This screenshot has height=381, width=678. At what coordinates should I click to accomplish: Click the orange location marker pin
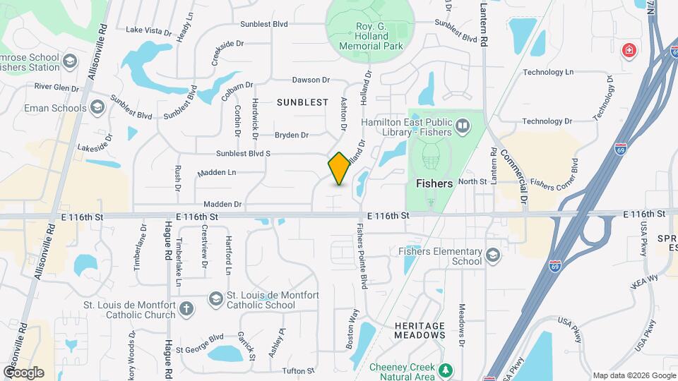(x=339, y=169)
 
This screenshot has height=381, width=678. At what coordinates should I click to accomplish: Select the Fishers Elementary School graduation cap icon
(x=493, y=255)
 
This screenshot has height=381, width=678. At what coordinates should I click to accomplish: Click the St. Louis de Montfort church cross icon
(x=186, y=308)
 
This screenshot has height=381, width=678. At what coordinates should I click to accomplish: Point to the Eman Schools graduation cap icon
(x=97, y=108)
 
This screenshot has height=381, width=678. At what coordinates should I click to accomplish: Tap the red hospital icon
(x=627, y=51)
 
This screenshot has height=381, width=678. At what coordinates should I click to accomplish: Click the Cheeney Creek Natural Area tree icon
(x=445, y=370)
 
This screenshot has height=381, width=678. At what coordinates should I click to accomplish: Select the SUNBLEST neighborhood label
(x=302, y=102)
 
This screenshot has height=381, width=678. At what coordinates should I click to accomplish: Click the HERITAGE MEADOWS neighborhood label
(x=420, y=330)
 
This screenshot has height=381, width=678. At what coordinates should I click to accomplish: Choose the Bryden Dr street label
(x=292, y=135)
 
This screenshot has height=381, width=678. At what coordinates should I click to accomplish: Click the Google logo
(x=23, y=372)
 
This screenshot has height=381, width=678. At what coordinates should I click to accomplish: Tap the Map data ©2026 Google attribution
(x=634, y=375)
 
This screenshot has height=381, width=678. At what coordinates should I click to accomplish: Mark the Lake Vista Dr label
(x=148, y=30)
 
